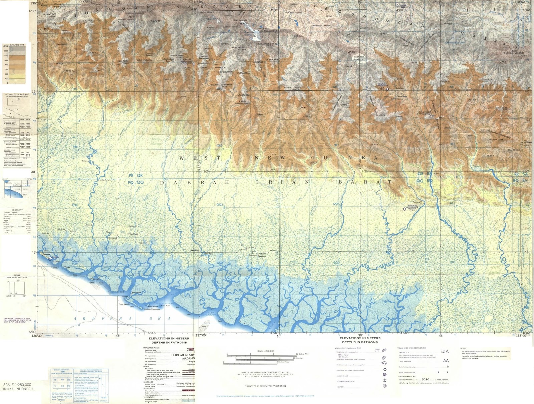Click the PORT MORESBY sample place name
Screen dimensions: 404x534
coord(183,355)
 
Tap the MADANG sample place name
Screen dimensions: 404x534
coord(188,358)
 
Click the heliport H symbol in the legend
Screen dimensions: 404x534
coord(384,386)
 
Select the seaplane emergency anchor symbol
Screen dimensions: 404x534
coord(384,381)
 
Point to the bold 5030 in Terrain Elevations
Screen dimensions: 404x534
coord(425,379)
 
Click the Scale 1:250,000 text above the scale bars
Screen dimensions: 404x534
coord(266,351)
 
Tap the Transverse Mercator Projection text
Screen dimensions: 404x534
coord(265,386)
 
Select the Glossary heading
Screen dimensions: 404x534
coord(17,210)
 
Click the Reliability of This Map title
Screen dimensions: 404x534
coord(17,94)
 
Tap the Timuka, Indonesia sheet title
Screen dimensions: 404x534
coord(17,389)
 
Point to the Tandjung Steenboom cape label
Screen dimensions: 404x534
coord(152,309)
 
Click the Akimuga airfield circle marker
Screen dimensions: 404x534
coord(405,209)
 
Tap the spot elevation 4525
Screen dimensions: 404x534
coord(351,52)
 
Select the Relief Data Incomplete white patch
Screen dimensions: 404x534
coord(359,58)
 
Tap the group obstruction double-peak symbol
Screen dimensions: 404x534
coord(446,361)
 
